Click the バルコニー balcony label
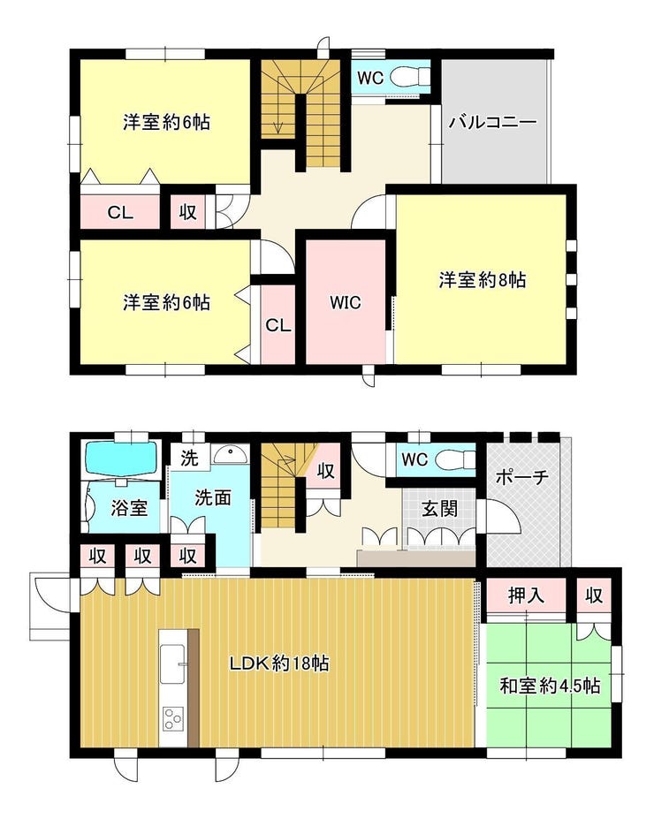click(493, 123)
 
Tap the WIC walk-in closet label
click(346, 302)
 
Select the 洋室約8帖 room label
click(483, 280)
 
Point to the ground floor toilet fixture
click(452, 459)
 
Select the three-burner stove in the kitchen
click(173, 718)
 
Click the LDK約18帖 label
click(279, 664)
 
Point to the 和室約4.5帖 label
click(550, 686)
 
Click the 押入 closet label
click(526, 595)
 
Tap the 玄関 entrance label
click(440, 508)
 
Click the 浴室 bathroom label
click(129, 507)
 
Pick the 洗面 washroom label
click(213, 497)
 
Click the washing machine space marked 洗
click(190, 458)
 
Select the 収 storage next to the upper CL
click(188, 212)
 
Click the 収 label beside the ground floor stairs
click(326, 470)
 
